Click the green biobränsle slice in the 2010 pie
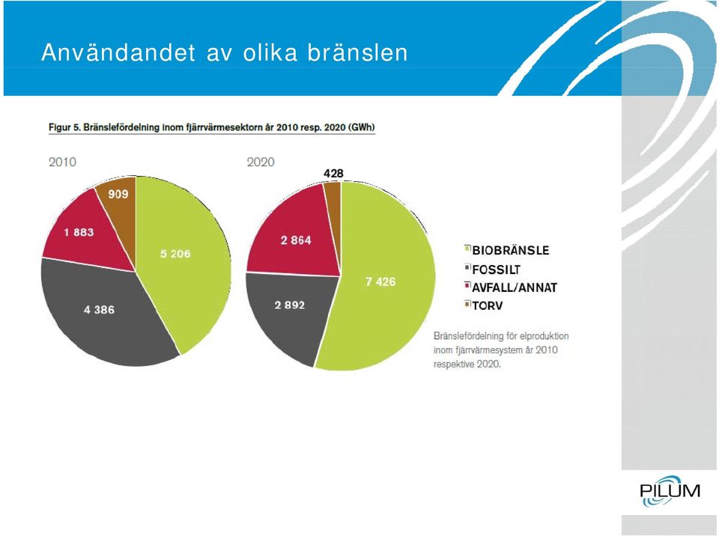click(x=183, y=257)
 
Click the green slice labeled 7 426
click(x=385, y=284)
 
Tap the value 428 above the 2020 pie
click(x=333, y=174)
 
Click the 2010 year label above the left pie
click(x=62, y=162)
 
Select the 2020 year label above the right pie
click(x=261, y=162)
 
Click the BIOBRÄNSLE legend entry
click(x=507, y=250)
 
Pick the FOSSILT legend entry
click(x=493, y=269)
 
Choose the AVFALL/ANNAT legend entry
click(x=511, y=287)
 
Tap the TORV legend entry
click(x=484, y=305)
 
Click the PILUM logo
click(x=670, y=490)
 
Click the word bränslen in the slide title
click(x=358, y=52)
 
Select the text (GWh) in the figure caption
click(x=362, y=127)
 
